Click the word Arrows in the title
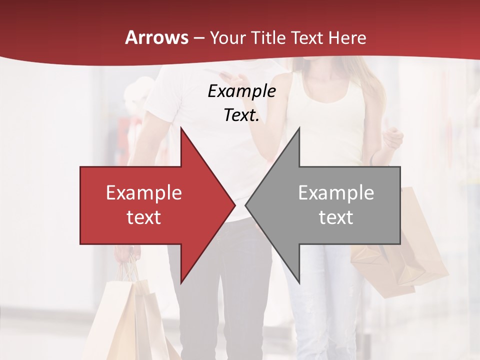(x=157, y=37)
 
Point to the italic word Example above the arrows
(x=241, y=91)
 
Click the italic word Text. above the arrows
(x=241, y=115)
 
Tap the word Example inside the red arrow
(x=144, y=193)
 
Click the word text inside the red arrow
(x=144, y=217)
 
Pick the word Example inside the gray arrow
(x=336, y=193)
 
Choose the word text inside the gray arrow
(x=336, y=217)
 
